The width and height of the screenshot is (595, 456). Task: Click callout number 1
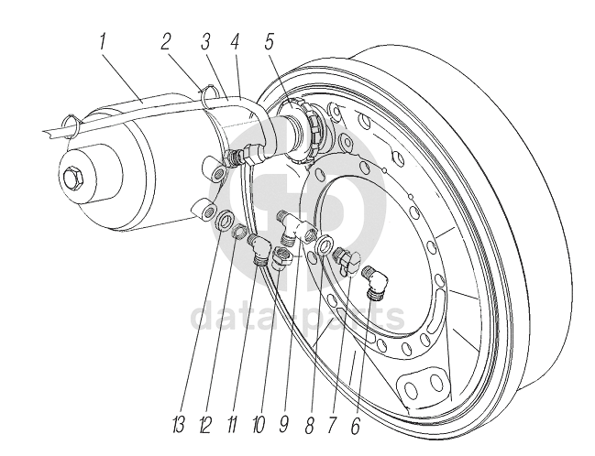coord(102,42)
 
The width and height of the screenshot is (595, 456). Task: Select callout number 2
coord(165,42)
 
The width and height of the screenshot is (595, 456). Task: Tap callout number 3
coord(205,42)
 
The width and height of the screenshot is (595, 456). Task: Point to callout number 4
coord(234,42)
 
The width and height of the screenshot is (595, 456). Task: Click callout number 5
coord(269,42)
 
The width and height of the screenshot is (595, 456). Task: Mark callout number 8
coord(309,425)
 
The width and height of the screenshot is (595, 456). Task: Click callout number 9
coord(284,425)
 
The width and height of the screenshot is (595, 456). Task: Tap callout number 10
coord(258,425)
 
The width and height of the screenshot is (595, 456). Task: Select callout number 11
coord(232,425)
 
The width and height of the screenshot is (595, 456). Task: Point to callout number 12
coord(205,425)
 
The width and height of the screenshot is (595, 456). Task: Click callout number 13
coord(179,425)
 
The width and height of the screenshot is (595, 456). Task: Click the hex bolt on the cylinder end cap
coord(72,178)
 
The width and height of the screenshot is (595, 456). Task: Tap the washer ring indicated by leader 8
coord(324,245)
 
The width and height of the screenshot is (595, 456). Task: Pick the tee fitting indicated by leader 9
coord(297,228)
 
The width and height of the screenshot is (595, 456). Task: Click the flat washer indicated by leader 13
coord(225,219)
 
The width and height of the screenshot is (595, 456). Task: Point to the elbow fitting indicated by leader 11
coord(259,250)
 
